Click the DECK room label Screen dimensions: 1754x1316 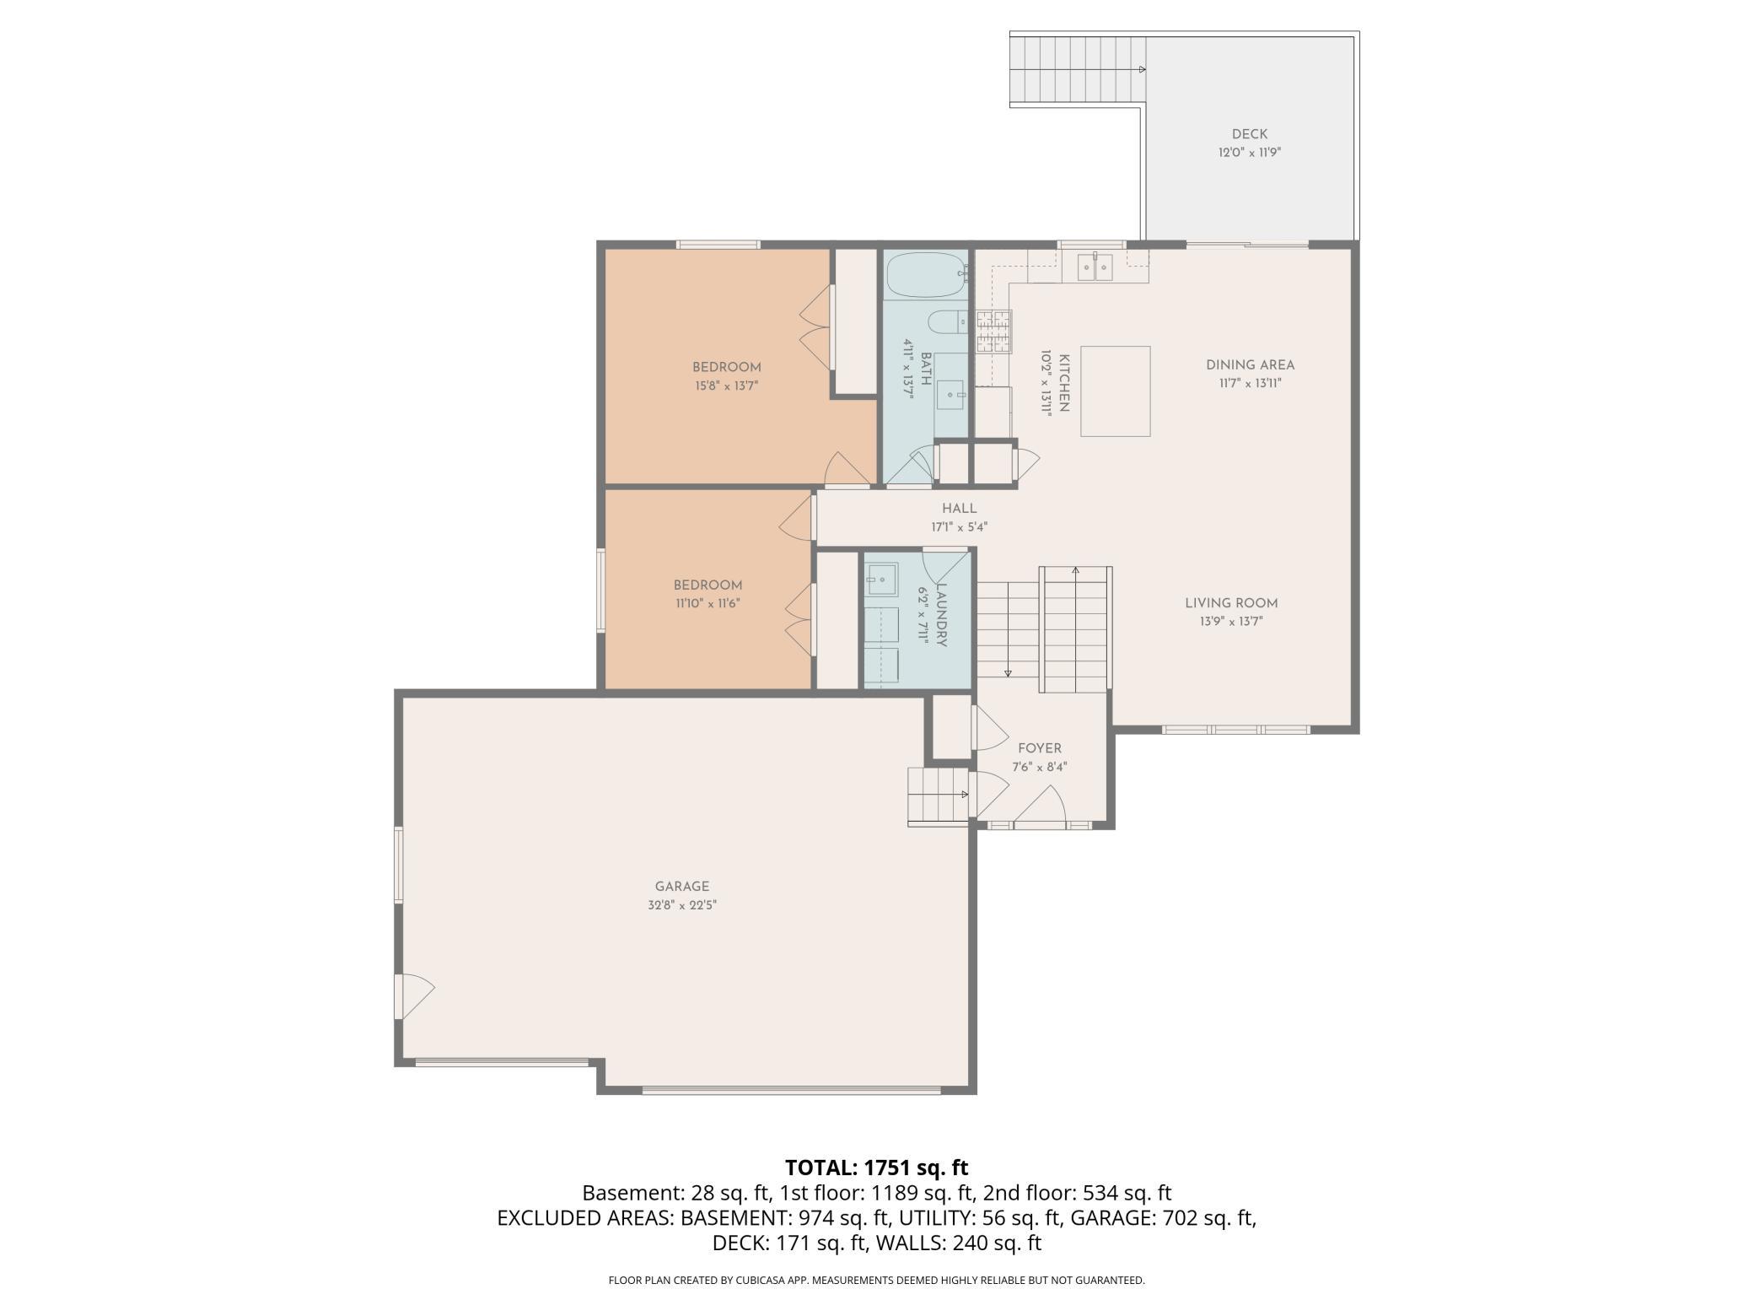click(1249, 134)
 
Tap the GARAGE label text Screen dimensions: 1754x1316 click(682, 887)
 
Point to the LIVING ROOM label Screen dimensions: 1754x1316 click(1231, 603)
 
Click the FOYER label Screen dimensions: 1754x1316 click(1040, 748)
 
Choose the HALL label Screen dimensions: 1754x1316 click(960, 509)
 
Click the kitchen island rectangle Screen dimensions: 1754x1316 click(1116, 391)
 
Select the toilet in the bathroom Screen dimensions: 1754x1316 click(948, 322)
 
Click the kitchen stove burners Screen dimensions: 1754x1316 click(994, 332)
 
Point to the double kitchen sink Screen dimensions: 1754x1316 click(1095, 267)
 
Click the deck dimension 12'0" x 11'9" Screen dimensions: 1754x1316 click(1249, 153)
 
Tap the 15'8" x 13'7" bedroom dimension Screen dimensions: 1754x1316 click(726, 386)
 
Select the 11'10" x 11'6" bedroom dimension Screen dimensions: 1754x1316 click(708, 604)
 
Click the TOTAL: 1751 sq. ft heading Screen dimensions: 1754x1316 click(877, 1168)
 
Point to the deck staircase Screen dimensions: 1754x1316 click(1078, 70)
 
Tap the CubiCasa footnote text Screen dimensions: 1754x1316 click(877, 1281)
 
